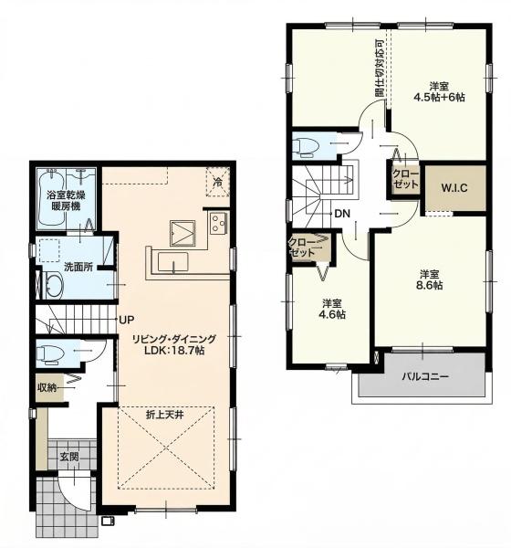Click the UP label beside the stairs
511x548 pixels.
[x=127, y=320]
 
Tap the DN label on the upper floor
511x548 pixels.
[x=342, y=214]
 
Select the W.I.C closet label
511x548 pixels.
[x=454, y=188]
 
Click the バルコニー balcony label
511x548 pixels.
[x=424, y=376]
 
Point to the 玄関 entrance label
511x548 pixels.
[x=69, y=457]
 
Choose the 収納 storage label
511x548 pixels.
[x=47, y=387]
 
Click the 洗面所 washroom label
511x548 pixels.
[x=78, y=267]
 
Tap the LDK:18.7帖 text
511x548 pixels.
[x=174, y=350]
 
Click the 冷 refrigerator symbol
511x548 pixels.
[x=217, y=182]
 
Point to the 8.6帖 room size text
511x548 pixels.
[x=429, y=285]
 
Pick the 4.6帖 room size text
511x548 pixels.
[x=332, y=314]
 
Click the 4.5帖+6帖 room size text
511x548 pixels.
[x=439, y=97]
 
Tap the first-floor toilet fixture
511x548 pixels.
[x=51, y=353]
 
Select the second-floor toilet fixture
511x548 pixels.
[x=306, y=146]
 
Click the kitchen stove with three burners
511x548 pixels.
[x=219, y=223]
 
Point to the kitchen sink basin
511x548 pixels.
[x=172, y=261]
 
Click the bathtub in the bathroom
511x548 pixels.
[x=51, y=198]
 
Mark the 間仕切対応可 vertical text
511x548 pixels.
[x=380, y=68]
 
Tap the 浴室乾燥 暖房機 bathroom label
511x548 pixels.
[x=66, y=200]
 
